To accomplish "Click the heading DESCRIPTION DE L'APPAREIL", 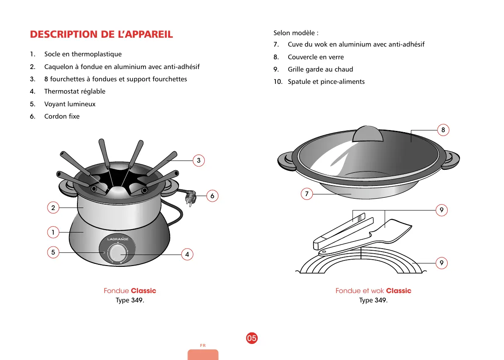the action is (x=102, y=34).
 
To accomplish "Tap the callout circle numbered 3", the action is (x=198, y=161).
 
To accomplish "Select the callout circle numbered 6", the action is (x=212, y=196).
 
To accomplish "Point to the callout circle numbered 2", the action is (x=53, y=208).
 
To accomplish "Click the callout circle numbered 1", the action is (x=53, y=232).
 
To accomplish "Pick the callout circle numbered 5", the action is (x=53, y=252).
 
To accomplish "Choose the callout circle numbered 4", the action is (x=187, y=255).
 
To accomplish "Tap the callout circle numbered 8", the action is (x=443, y=130).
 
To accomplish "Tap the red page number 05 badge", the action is (x=252, y=338).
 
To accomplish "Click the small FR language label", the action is (x=203, y=346).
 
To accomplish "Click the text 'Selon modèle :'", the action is (x=296, y=33).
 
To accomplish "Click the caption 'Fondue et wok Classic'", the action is (x=373, y=291).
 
